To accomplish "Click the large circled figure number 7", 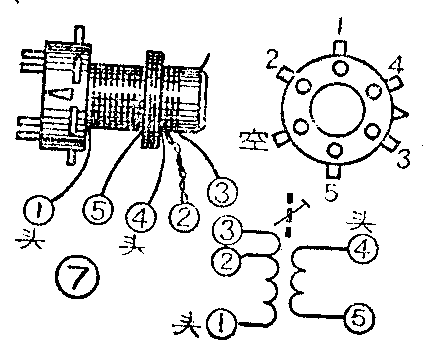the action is click(77, 276).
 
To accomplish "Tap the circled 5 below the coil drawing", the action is click(98, 210).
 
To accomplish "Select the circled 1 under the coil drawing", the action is click(39, 211).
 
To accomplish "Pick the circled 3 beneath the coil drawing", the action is click(222, 192).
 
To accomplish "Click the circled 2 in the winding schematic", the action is click(227, 261).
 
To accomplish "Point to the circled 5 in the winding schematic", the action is click(359, 317).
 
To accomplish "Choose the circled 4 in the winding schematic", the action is click(362, 249).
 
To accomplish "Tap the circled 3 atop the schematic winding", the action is click(228, 231).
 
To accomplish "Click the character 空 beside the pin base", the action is click(253, 141).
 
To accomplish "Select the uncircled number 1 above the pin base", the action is click(339, 26).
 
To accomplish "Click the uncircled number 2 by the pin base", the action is click(273, 59).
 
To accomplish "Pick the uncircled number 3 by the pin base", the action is click(403, 159).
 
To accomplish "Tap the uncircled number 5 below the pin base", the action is click(331, 192).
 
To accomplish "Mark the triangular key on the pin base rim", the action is click(400, 114).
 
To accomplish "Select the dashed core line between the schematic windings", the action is click(289, 215).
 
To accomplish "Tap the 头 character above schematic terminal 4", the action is click(361, 222).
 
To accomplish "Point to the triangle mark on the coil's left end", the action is click(62, 93).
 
